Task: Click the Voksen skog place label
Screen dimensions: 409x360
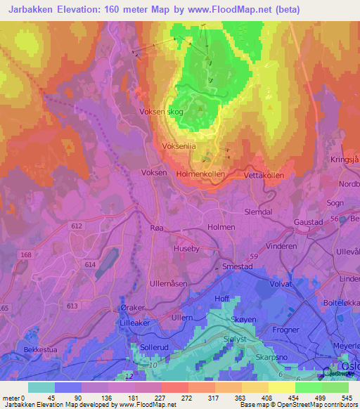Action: [x=162, y=111]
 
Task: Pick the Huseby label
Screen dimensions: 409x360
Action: [x=186, y=247]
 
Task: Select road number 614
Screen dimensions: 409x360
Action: [x=89, y=263]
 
